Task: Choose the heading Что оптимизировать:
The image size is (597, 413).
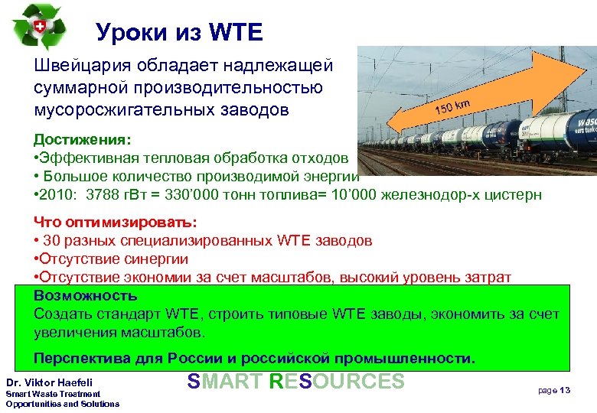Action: (x=115, y=222)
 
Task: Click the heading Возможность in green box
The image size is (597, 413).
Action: (x=86, y=295)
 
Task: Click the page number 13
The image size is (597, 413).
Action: (x=566, y=390)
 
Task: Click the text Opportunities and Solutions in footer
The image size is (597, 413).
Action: (x=62, y=403)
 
